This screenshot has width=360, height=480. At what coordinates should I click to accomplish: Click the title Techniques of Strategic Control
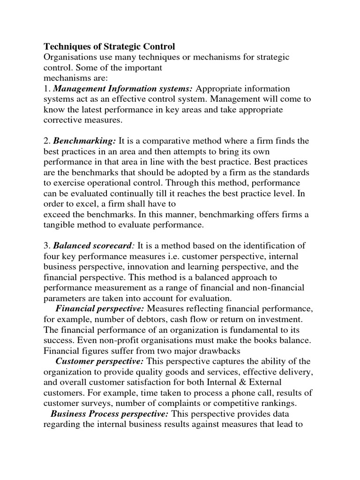click(109, 46)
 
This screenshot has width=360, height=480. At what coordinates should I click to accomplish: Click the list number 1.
click(46, 89)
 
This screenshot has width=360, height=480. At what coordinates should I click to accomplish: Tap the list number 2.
click(46, 141)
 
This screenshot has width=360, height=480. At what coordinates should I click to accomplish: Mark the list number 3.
click(46, 245)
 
